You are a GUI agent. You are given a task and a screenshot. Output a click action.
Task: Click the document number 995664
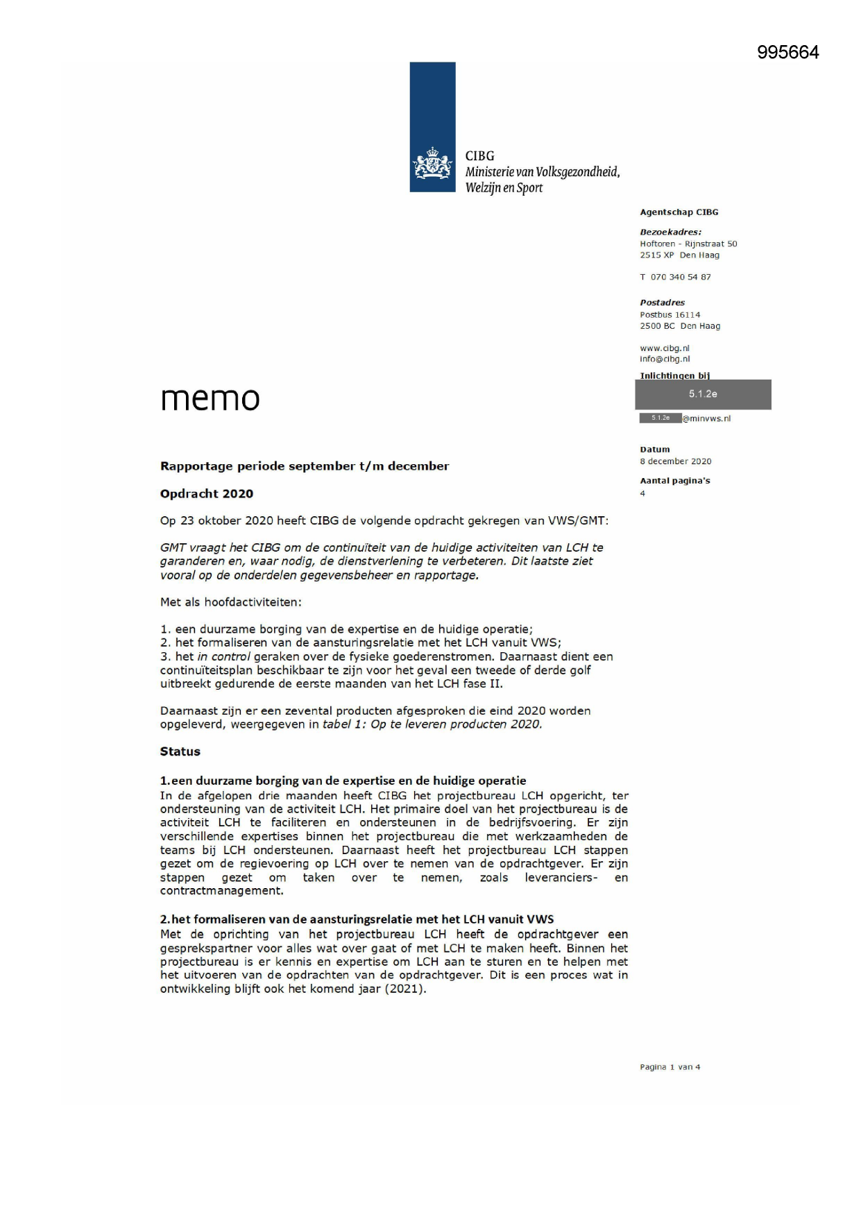click(787, 53)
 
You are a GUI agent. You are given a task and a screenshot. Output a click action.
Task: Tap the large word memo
click(210, 399)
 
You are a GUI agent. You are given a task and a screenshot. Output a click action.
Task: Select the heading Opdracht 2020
click(207, 494)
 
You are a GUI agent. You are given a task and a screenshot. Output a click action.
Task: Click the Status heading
click(180, 751)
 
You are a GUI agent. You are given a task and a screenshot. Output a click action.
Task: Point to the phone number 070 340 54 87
click(680, 277)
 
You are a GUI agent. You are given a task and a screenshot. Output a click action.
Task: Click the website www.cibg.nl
click(664, 348)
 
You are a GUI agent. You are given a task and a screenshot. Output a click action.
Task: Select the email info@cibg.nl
click(664, 359)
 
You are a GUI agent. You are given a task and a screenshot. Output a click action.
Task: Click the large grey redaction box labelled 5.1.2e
click(702, 394)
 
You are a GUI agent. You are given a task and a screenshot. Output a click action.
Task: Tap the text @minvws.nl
click(706, 418)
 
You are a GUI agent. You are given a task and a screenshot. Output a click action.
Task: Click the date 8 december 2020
click(675, 461)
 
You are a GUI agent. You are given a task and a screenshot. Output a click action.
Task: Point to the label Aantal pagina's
click(674, 481)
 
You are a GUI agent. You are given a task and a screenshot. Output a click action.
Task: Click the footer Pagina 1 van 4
click(670, 1067)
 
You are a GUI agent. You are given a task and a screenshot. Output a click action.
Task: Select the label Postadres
click(662, 303)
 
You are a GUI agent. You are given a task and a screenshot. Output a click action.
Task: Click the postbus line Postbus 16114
click(670, 315)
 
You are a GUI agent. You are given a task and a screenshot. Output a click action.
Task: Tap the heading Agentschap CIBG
click(679, 212)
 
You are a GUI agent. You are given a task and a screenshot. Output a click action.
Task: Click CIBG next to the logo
click(479, 156)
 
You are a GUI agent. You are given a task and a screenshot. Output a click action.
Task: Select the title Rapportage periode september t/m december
click(305, 466)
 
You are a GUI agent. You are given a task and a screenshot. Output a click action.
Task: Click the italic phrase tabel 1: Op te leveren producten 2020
click(432, 724)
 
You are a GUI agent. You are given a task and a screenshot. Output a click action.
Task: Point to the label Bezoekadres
click(670, 232)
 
